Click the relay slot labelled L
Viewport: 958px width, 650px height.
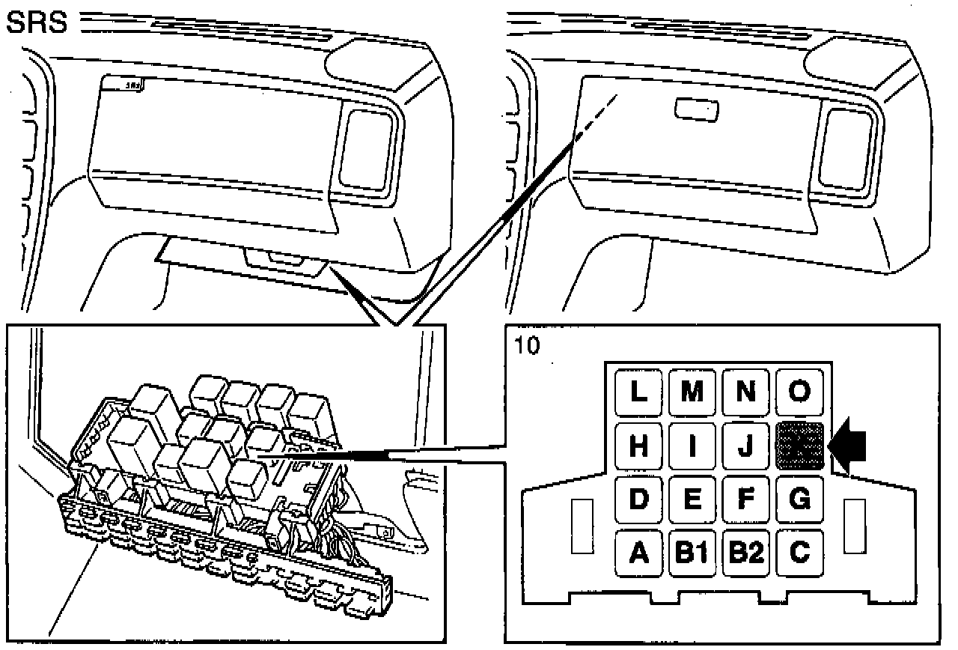pyautogui.click(x=638, y=392)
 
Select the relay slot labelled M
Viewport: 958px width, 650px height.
pyautogui.click(x=692, y=392)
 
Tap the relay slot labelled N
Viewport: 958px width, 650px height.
pyautogui.click(x=746, y=392)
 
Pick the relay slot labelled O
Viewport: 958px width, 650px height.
pyautogui.click(x=800, y=392)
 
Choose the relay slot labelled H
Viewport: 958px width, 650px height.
pyautogui.click(x=638, y=446)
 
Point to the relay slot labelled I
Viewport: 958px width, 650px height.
pyautogui.click(x=692, y=446)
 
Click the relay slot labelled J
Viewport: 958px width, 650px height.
pyautogui.click(x=746, y=446)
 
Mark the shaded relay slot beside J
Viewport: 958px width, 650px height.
pyautogui.click(x=800, y=446)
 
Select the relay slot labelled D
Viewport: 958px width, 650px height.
pyautogui.click(x=638, y=499)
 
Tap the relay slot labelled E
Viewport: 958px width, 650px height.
pyautogui.click(x=692, y=499)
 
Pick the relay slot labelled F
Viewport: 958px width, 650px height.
pyautogui.click(x=746, y=499)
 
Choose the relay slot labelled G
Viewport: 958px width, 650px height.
pyautogui.click(x=800, y=499)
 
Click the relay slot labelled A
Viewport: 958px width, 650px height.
pyautogui.click(x=638, y=553)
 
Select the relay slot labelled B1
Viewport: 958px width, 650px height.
pyautogui.click(x=692, y=553)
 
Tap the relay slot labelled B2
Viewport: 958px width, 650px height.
pyautogui.click(x=746, y=553)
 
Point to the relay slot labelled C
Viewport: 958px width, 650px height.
pyautogui.click(x=800, y=553)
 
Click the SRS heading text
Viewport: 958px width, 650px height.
pyautogui.click(x=36, y=24)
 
